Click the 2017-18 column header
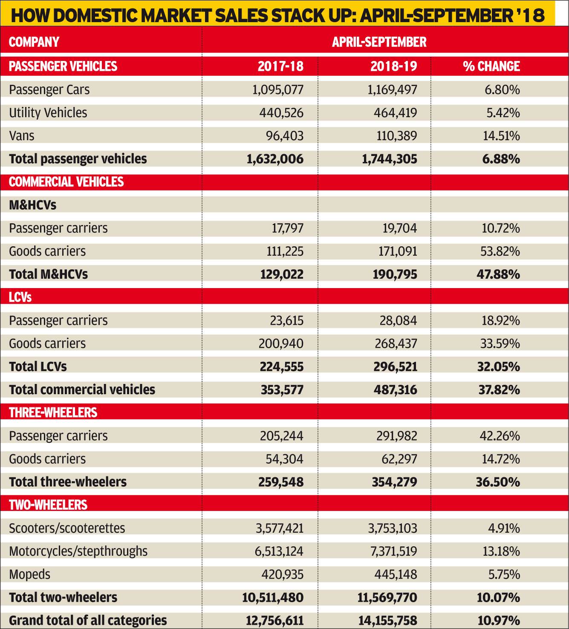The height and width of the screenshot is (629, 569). [x=280, y=66]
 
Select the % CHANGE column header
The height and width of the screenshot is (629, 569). [x=491, y=66]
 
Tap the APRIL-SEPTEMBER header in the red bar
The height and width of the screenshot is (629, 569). [x=379, y=42]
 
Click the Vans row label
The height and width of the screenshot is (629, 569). [x=21, y=136]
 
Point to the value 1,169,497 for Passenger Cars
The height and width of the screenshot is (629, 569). [x=393, y=90]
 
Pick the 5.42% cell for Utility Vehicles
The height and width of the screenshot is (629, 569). [x=503, y=113]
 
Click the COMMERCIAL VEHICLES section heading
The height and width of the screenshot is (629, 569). [x=66, y=182]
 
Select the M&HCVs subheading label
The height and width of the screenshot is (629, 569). [x=33, y=205]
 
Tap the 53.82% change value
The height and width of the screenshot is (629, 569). [x=500, y=251]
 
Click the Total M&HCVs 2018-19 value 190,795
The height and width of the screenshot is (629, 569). [x=395, y=274]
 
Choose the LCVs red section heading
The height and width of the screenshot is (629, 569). [x=20, y=297]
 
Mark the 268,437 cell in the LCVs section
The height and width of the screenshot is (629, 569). [x=396, y=343]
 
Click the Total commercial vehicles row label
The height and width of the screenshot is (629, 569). [x=82, y=390]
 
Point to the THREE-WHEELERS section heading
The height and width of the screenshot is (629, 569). [x=53, y=413]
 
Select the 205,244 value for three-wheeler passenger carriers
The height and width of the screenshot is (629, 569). [x=281, y=436]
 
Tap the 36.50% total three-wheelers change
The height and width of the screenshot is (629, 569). [x=498, y=482]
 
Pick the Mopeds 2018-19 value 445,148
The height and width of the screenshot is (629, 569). [x=396, y=574]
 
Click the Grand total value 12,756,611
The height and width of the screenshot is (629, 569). [x=274, y=620]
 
